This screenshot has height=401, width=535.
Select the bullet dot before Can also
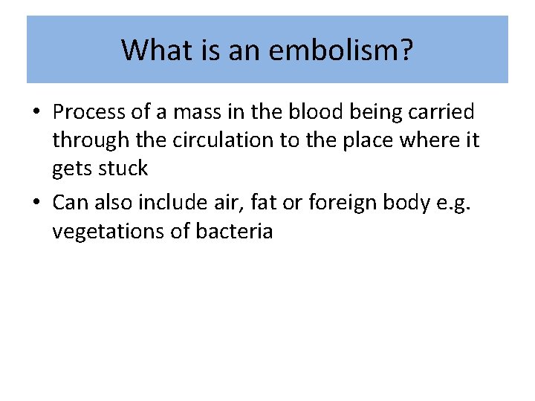36,201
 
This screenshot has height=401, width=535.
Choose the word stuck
123,168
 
